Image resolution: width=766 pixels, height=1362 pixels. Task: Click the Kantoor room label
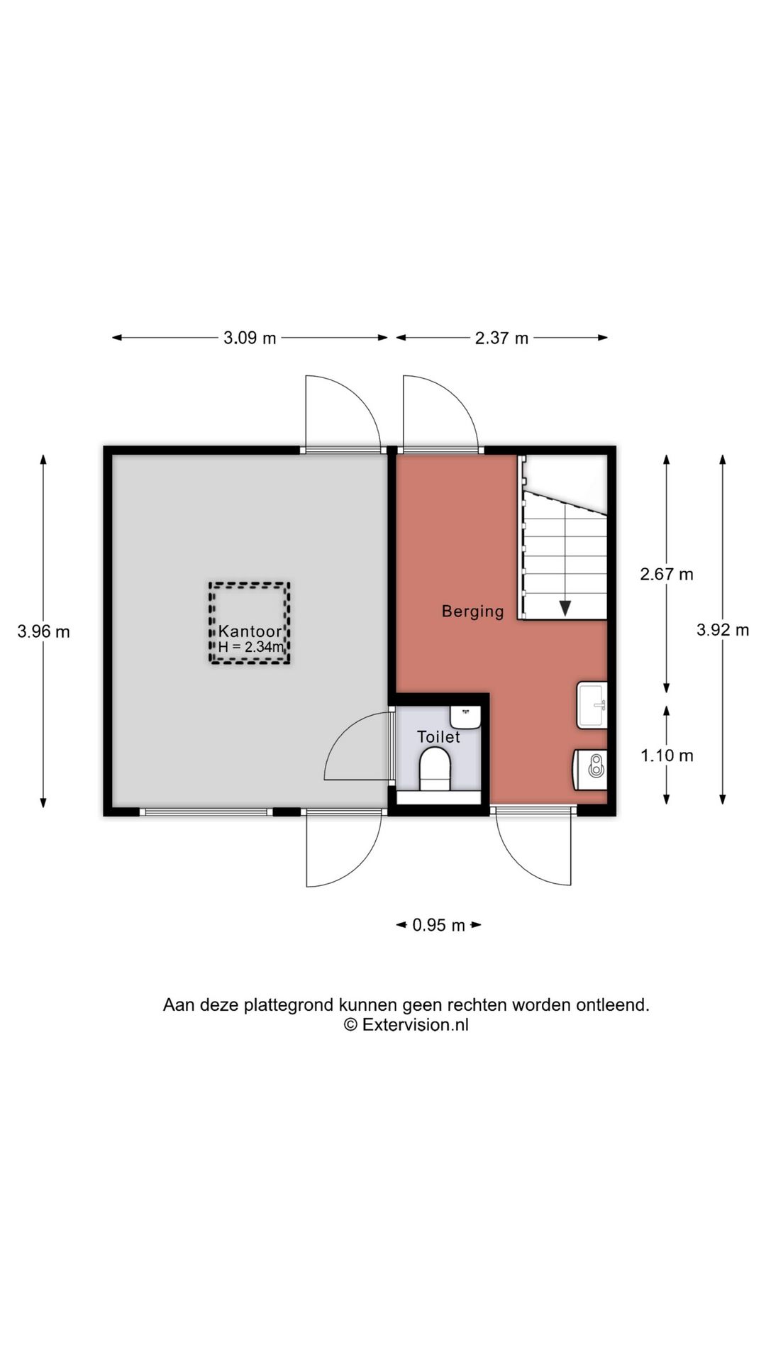pos(250,631)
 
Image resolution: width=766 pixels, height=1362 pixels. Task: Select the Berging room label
pos(472,611)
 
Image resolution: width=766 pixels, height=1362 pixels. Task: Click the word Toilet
pos(438,736)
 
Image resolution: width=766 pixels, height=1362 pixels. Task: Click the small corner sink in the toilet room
pos(465,716)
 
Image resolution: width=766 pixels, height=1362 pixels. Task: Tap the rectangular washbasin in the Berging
pos(592,705)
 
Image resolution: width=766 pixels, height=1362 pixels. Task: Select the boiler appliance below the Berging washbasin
pos(590,768)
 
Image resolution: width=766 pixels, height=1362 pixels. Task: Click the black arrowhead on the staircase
pos(565,608)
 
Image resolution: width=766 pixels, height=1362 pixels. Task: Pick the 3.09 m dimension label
pos(250,338)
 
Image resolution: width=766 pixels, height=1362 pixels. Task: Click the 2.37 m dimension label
pos(501,338)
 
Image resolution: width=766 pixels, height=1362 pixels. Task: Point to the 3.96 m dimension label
pos(44,631)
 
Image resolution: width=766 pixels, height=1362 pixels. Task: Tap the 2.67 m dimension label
pos(667,574)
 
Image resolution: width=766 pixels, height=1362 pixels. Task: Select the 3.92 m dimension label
pos(723,629)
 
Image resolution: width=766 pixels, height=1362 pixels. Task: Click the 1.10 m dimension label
pos(667,755)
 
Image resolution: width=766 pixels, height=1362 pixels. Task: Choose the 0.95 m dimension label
pos(439,925)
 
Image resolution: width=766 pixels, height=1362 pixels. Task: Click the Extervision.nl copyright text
pos(406,1024)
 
